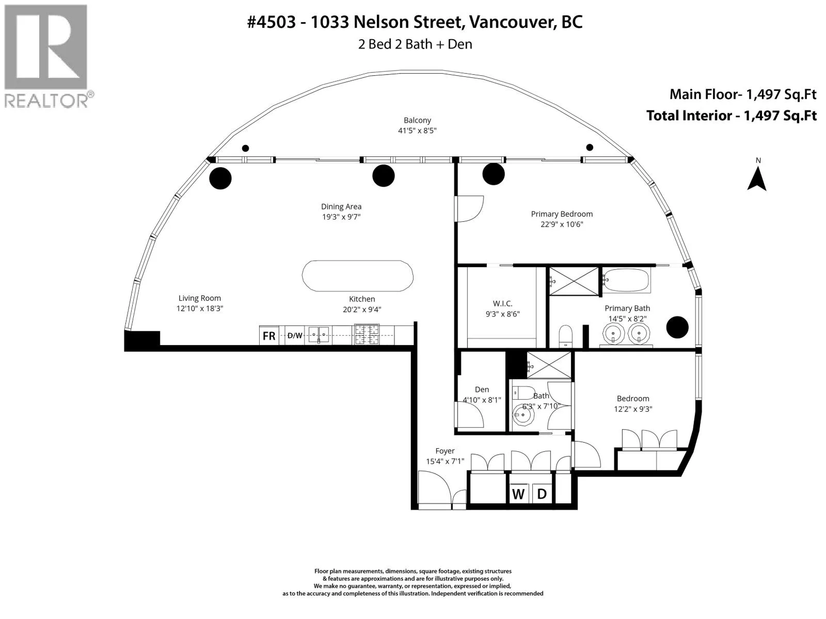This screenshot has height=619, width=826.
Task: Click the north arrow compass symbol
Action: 757,178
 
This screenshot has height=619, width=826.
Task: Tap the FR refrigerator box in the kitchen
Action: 268,335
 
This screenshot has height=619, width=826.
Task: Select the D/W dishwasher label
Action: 295,336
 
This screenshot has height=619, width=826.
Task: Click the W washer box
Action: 518,494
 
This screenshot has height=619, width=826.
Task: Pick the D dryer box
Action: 542,494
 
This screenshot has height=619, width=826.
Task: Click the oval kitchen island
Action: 357,276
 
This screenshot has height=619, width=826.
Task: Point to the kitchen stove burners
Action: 367,334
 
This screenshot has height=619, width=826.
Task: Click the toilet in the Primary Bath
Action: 566,336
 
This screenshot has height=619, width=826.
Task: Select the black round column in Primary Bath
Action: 677,328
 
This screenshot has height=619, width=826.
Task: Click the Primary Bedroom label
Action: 562,214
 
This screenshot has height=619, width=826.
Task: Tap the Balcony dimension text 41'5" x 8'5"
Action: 417,131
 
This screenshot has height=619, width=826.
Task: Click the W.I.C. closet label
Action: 502,303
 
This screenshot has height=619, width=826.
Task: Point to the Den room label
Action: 482,389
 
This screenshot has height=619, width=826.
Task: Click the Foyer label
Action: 445,451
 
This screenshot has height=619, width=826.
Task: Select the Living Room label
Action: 199,298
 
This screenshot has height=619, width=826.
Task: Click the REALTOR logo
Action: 49,56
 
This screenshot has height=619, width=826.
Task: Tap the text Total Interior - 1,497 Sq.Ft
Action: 731,116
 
